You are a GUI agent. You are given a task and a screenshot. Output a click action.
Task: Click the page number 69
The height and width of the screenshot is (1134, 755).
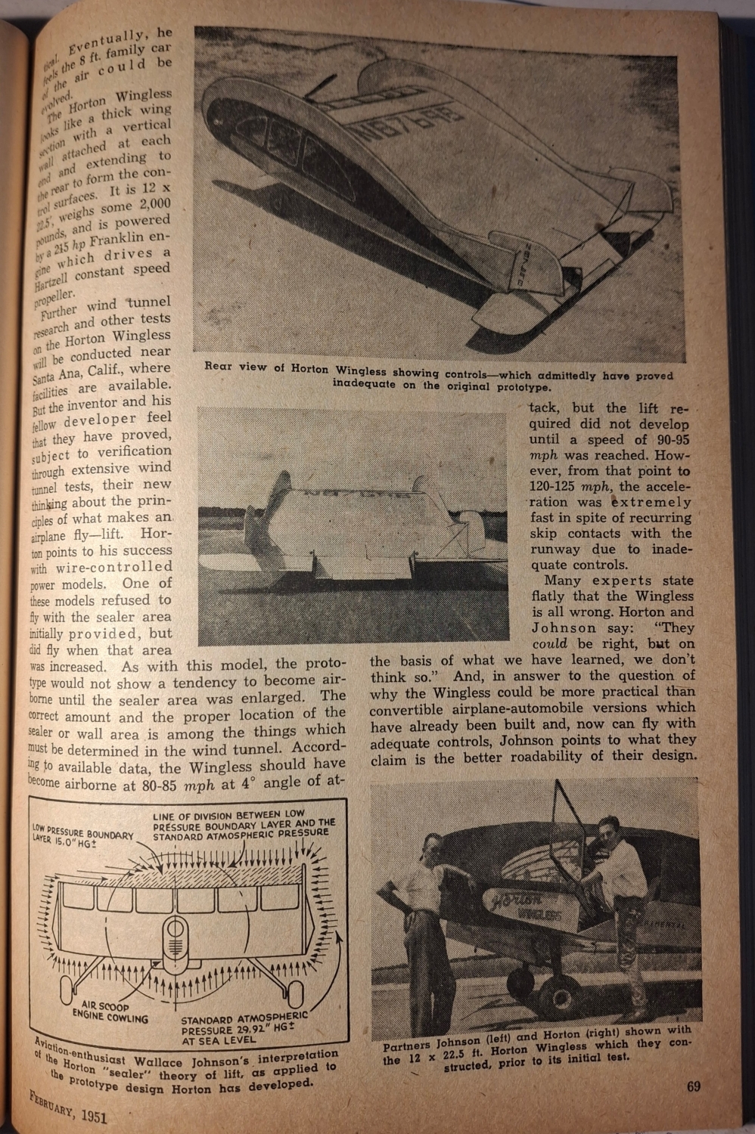pyautogui.click(x=693, y=1087)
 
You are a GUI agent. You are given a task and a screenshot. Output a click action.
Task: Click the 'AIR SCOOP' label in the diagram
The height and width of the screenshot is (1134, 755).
pyautogui.click(x=105, y=1007)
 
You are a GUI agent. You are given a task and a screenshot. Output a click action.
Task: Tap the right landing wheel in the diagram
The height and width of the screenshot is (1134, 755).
pyautogui.click(x=294, y=993)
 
